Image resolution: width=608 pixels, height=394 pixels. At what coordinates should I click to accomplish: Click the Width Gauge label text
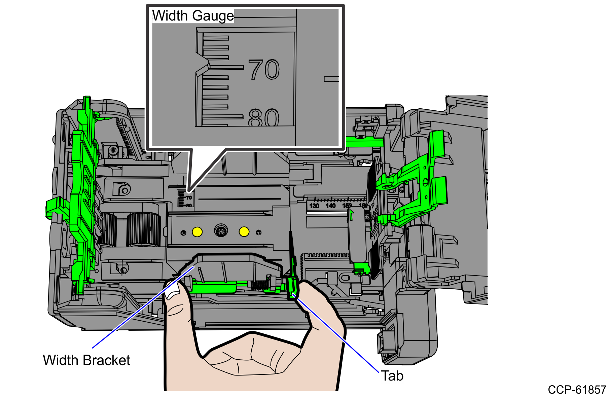coord(193,16)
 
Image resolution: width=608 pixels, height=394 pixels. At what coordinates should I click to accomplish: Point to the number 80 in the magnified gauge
coord(264,118)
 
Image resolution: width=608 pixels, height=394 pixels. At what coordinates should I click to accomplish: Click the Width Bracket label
coord(86,360)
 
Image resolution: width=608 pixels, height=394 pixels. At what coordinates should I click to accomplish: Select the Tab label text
coord(392,376)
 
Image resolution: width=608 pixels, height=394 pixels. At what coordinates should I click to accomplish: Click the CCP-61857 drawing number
coord(577,389)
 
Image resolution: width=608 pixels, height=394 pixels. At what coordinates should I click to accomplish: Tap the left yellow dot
coord(197,232)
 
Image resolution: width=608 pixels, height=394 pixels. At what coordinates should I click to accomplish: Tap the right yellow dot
coord(244,231)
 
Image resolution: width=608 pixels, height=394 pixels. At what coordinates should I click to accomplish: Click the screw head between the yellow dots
coord(221,231)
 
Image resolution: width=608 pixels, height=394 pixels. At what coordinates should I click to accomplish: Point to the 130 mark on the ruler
coord(314,206)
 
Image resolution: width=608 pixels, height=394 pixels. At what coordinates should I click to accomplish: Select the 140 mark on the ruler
coord(331,206)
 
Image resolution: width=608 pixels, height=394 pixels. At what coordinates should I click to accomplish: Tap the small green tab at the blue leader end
coord(293,295)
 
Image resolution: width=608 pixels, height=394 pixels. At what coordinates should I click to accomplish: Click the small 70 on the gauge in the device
coord(189,198)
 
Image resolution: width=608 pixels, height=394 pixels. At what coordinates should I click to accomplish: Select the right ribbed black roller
coord(144,230)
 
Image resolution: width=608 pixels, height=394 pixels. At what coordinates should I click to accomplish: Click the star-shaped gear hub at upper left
coord(113,150)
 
